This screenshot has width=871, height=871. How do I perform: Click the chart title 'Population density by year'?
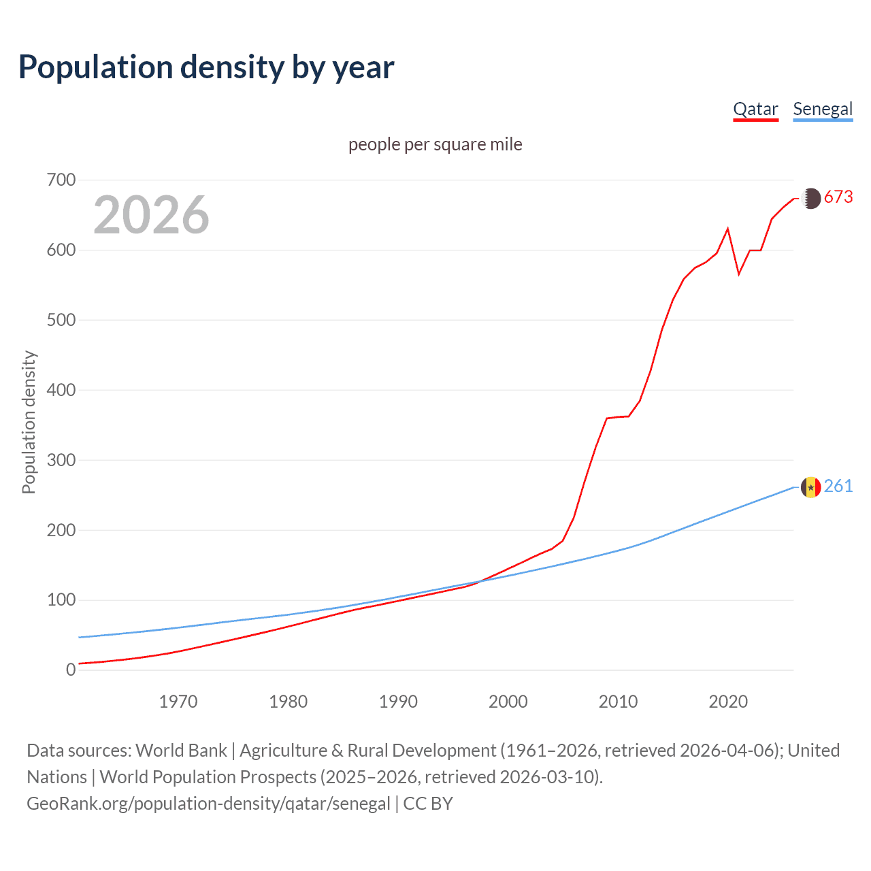(x=206, y=67)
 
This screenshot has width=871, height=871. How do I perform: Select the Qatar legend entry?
(x=755, y=110)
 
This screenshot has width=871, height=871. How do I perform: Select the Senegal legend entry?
(x=823, y=110)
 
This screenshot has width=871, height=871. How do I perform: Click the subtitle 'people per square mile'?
(x=435, y=144)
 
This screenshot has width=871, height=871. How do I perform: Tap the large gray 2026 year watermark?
(x=151, y=215)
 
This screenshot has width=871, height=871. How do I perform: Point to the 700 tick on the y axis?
(x=61, y=180)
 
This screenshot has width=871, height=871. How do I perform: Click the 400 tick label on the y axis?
(x=61, y=391)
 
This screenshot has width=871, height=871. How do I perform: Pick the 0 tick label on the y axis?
(x=71, y=670)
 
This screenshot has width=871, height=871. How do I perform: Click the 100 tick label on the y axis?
(x=61, y=600)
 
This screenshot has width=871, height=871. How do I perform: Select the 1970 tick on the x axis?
(x=178, y=702)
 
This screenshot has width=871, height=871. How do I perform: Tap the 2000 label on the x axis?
(x=508, y=702)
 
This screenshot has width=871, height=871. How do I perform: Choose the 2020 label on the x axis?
(x=728, y=702)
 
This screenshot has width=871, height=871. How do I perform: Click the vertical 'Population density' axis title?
(x=29, y=422)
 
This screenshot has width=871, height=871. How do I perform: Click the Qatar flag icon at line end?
(x=810, y=199)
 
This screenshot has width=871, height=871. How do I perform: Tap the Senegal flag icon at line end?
(x=810, y=487)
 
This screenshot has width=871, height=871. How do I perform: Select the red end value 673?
(x=838, y=197)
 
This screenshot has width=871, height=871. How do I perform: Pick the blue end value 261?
(x=838, y=486)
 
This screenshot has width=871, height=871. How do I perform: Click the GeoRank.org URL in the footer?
(x=208, y=804)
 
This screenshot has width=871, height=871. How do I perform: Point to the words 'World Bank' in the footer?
(x=181, y=751)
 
